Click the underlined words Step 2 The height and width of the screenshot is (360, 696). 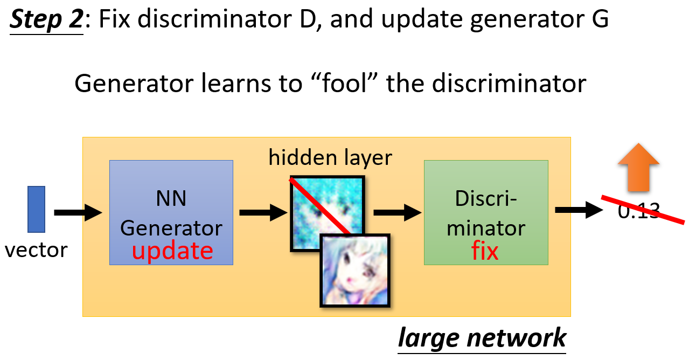pos(47,19)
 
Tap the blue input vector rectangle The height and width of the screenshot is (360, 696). pos(36,209)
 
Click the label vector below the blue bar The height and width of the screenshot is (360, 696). pos(36,250)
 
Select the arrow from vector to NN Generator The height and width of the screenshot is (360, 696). pos(78,213)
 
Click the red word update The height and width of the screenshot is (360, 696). pos(172,251)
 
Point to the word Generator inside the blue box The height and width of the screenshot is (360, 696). pos(171,229)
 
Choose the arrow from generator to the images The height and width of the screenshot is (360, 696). pos(263,213)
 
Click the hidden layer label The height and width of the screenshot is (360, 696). pos(330,158)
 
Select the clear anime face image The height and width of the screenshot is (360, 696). pos(355,271)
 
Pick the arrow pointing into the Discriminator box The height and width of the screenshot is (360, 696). pos(398,213)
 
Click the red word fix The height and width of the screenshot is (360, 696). pos(485,251)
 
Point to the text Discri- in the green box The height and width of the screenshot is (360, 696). pos(486,198)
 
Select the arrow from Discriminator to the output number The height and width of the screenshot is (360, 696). pos(579,210)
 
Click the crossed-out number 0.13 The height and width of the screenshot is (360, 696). pos(639,211)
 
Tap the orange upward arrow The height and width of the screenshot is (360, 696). pos(638,167)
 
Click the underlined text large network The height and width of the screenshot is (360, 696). pos(482,338)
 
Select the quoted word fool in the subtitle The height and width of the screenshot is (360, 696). pos(344,84)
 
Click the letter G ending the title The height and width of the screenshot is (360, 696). pos(600,19)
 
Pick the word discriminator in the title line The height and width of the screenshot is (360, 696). pos(215,19)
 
